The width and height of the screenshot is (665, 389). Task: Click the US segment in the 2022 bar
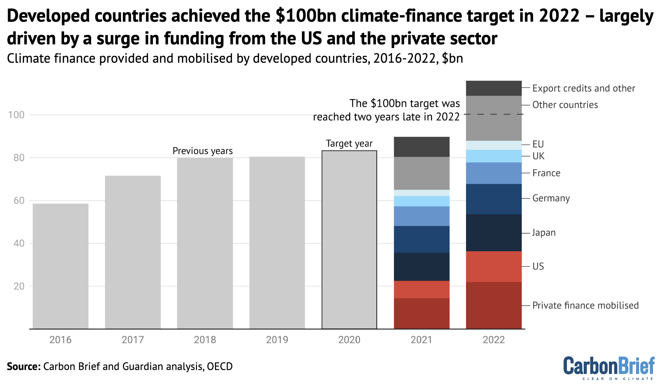coord(493,266)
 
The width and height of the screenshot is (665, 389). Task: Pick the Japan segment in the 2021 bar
coord(422,267)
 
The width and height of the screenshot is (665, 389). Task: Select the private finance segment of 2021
coord(422,313)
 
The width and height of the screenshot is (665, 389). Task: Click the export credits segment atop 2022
coord(493,88)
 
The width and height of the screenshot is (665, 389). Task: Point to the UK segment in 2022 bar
coord(493,156)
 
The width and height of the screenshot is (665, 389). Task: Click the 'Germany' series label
coord(551,198)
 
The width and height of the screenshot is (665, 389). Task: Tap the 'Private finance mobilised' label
coord(585,305)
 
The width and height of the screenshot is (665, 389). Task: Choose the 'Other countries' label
coord(565,105)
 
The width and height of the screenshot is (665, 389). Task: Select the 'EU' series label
coord(538,144)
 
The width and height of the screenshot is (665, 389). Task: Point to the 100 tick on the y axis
coord(16,115)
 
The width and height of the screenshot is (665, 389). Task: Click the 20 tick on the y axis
coord(19,286)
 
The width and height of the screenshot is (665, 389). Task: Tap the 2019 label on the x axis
coord(277,340)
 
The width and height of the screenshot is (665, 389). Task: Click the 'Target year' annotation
coord(349,143)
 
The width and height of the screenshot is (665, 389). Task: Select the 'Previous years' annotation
coord(202,151)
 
